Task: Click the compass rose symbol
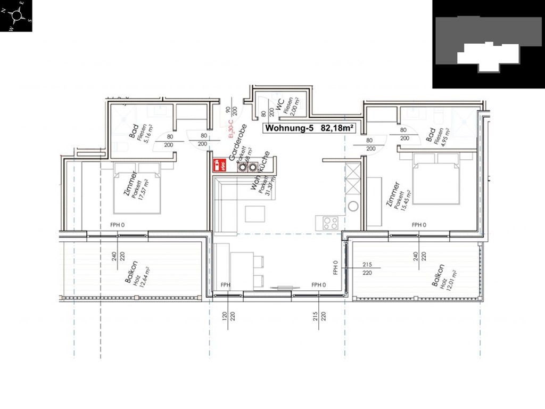[16, 15]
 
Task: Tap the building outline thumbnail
[488, 44]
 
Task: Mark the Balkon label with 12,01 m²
[440, 276]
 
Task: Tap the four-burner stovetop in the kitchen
[330, 223]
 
